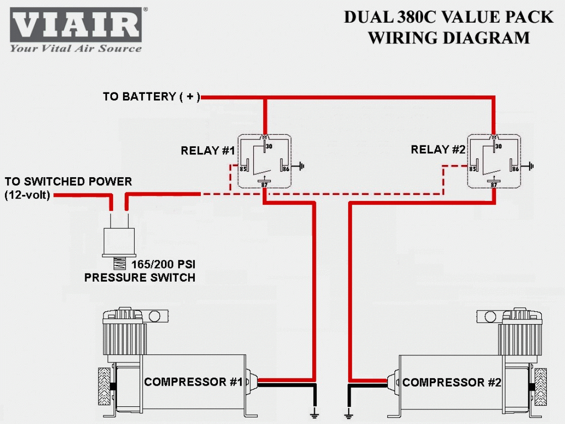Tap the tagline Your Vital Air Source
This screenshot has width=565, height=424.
tap(76, 49)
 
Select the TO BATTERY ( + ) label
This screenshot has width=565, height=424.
tap(151, 96)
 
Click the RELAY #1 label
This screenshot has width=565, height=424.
tap(208, 150)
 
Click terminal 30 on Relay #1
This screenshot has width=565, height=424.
tap(268, 146)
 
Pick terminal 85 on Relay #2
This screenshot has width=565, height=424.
tap(473, 169)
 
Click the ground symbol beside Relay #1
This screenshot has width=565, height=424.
tap(301, 166)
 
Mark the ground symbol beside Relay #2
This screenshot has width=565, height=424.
tap(531, 166)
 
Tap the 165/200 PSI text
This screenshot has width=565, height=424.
tap(163, 264)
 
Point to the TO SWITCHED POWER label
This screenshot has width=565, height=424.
tap(68, 182)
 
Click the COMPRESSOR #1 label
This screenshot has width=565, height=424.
tap(193, 382)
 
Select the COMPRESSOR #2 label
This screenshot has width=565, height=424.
tap(451, 382)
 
